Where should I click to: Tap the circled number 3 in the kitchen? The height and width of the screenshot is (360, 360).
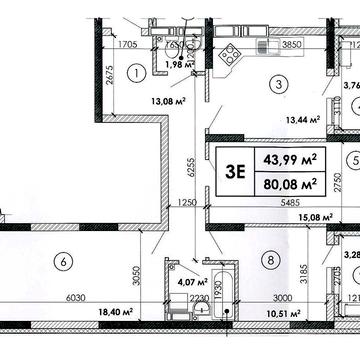pyautogui.click(x=281, y=84)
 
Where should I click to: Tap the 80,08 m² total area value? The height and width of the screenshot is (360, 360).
pyautogui.click(x=284, y=182)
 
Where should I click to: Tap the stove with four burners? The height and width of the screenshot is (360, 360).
pyautogui.click(x=229, y=52)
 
